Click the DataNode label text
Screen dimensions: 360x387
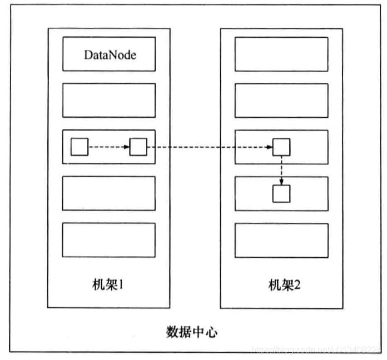110,54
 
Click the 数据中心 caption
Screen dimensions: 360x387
192,332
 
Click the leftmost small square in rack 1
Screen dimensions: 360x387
80,148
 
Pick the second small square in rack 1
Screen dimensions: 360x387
138,148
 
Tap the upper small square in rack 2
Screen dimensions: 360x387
281,148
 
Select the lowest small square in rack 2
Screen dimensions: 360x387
281,193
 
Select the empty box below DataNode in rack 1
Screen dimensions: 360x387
108,101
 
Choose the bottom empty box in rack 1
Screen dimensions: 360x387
108,240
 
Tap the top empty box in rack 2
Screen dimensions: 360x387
281,54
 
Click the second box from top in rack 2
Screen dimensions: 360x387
281,101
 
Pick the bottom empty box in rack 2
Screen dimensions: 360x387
281,240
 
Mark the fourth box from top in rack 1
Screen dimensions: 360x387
108,193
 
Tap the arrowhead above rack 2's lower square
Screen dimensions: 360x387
281,182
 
